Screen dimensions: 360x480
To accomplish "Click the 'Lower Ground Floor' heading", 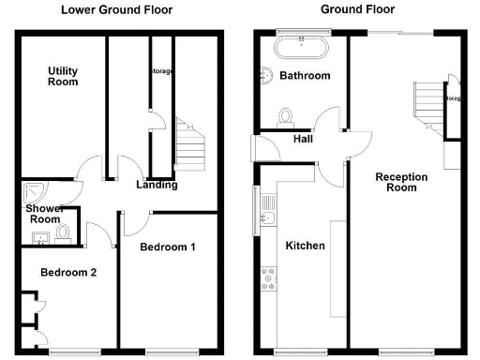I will point(117,10).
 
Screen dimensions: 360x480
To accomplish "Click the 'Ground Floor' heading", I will point(357,10).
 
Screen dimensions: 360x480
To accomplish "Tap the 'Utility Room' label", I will point(62,76).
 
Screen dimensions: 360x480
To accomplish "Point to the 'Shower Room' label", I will point(43,214).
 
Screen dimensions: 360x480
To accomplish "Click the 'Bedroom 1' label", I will point(167,247).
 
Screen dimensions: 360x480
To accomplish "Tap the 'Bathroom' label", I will point(304,76).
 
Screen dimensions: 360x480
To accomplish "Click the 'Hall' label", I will point(303,139).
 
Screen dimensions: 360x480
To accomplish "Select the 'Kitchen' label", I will point(306,246).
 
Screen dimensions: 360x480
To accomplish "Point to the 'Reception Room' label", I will point(401,182).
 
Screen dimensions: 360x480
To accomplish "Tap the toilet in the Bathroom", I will point(287,115).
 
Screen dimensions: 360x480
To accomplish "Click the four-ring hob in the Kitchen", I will point(269,277).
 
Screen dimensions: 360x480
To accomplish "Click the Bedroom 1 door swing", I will point(132,223).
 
